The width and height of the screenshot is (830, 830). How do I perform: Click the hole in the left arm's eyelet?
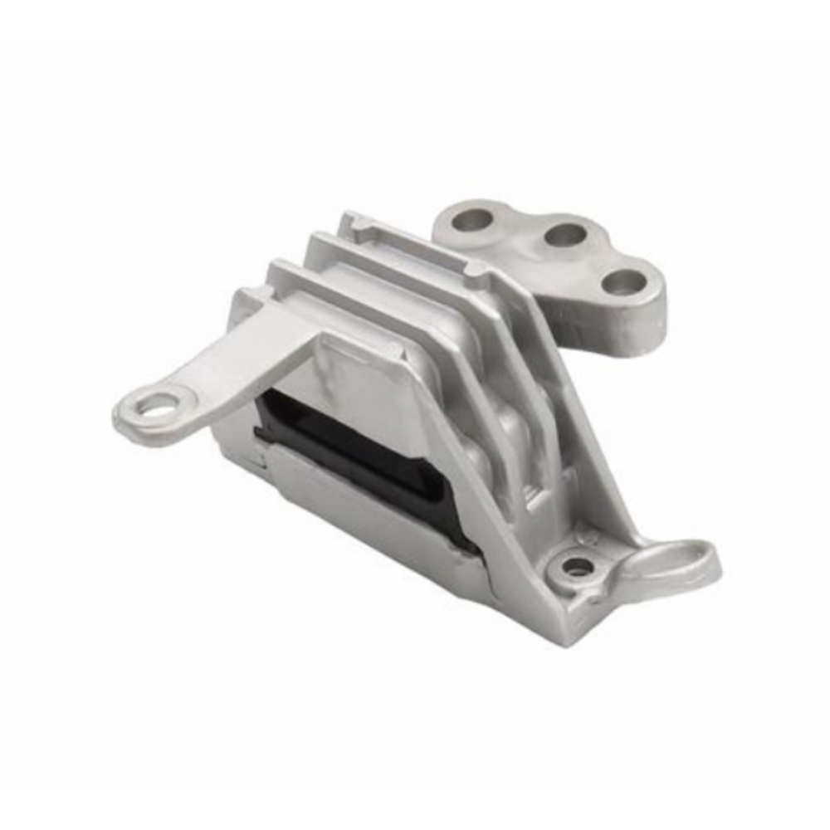159,406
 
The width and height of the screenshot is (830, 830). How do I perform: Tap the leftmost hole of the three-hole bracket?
474,220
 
